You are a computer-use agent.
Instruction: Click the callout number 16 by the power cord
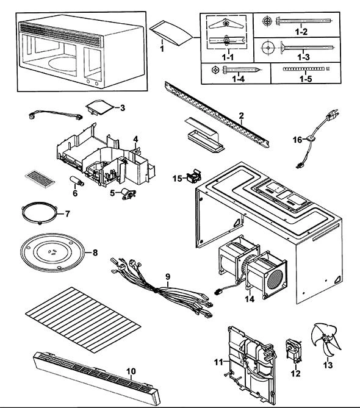tap(298, 140)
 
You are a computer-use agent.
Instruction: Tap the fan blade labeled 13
tap(326, 340)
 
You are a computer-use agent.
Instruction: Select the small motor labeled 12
tap(294, 351)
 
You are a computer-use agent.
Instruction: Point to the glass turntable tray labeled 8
tap(53, 252)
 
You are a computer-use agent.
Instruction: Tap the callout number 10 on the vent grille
tap(131, 371)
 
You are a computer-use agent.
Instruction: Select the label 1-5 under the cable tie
tap(305, 79)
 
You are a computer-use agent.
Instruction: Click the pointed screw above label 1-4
tap(242, 70)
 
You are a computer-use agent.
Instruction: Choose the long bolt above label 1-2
tap(304, 21)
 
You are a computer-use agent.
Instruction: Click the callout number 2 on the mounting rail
tap(241, 116)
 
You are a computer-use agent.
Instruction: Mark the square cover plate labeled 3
tap(100, 107)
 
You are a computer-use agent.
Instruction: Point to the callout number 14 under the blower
tap(250, 299)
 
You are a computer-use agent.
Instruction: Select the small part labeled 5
tap(129, 194)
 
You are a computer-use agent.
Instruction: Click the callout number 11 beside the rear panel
tap(218, 362)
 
